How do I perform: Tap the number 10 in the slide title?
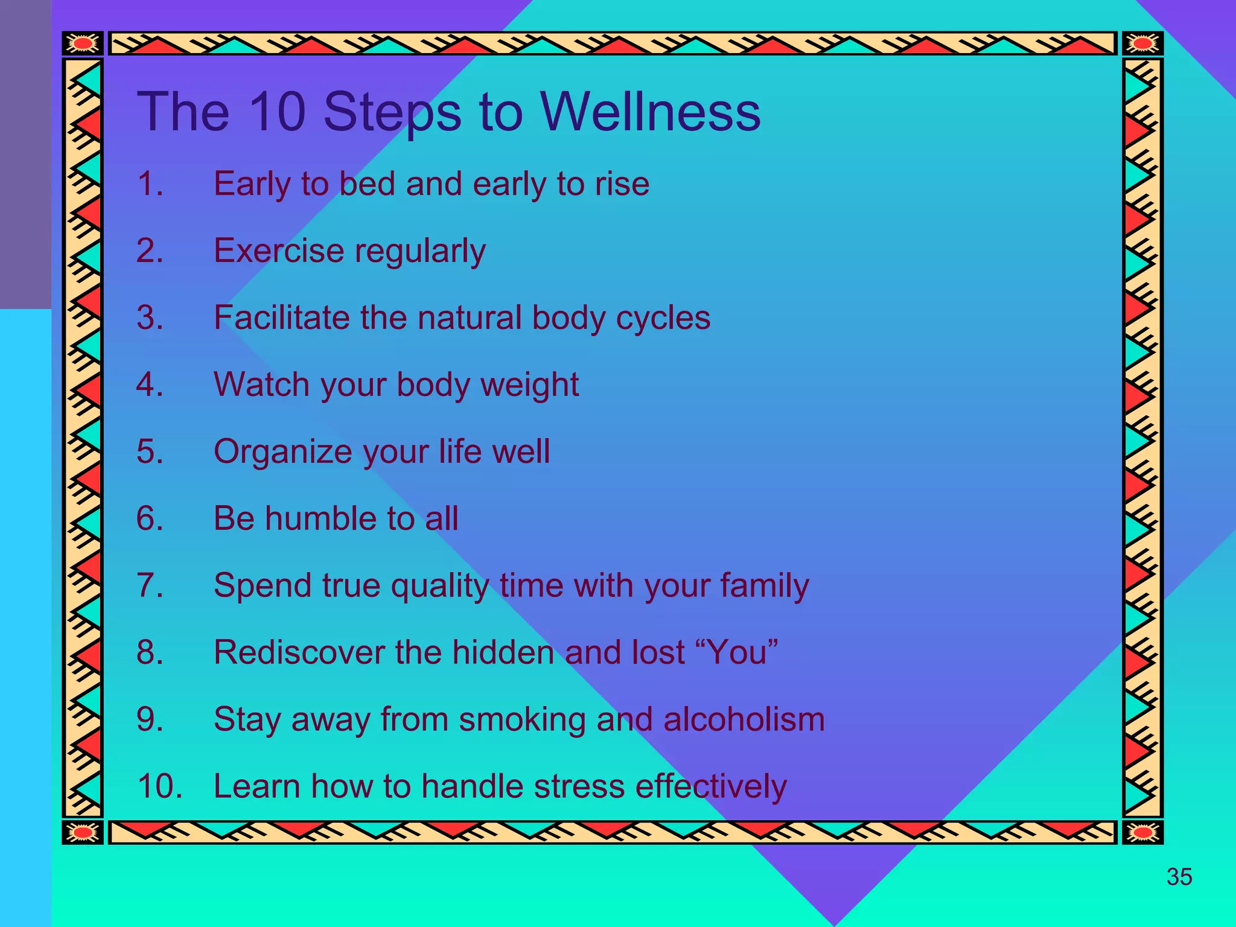pos(277,112)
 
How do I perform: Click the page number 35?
pos(1179,877)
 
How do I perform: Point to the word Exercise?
pos(279,250)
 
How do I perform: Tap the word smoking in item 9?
pos(522,721)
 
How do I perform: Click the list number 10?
pos(159,786)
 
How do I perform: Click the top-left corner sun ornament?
pos(83,43)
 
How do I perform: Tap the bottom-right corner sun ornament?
pos(1142,833)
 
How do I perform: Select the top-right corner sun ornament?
pos(1142,43)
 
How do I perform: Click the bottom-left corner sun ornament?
pos(83,833)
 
